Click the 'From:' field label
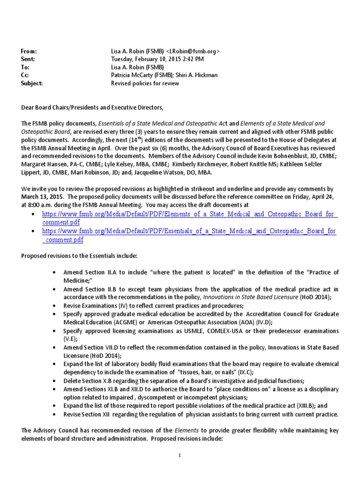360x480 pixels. tap(29, 51)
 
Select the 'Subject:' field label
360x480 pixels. tap(32, 83)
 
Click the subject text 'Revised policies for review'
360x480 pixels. tap(144, 83)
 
